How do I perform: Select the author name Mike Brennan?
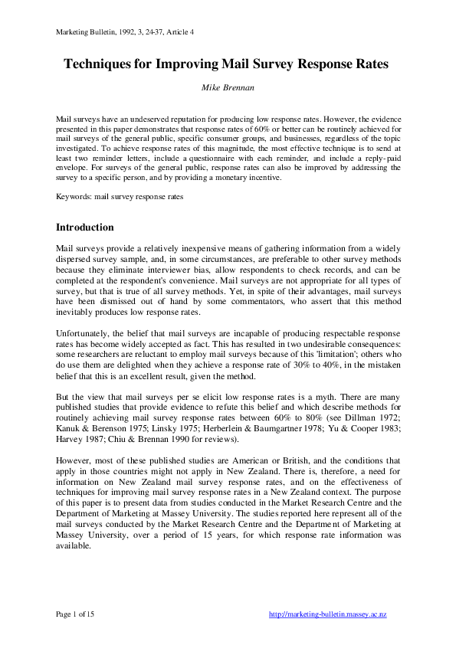click(x=228, y=88)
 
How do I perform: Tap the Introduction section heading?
click(x=85, y=228)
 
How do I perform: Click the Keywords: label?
click(x=74, y=196)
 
